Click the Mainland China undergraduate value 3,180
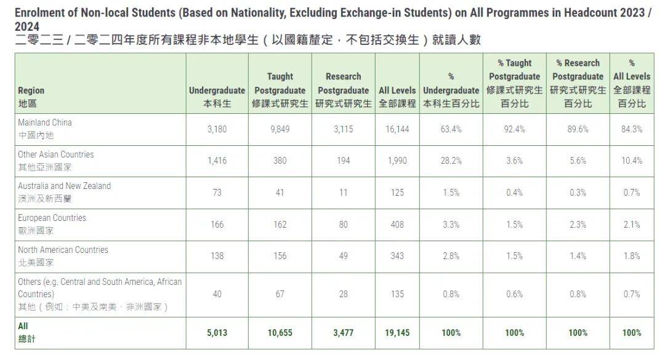click(x=217, y=129)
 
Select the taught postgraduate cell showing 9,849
click(x=280, y=129)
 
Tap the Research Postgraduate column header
click(x=343, y=90)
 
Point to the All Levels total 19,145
click(x=397, y=333)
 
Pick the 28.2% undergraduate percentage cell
click(x=451, y=161)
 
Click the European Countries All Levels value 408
click(x=397, y=225)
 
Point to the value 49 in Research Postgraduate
click(x=344, y=256)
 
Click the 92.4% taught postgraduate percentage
click(x=514, y=129)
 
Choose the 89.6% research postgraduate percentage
click(x=578, y=129)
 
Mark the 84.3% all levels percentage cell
click(x=632, y=129)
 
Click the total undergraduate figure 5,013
click(x=217, y=333)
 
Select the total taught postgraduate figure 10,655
click(x=280, y=333)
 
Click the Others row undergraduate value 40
click(x=217, y=294)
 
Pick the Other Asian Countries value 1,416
click(x=217, y=161)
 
